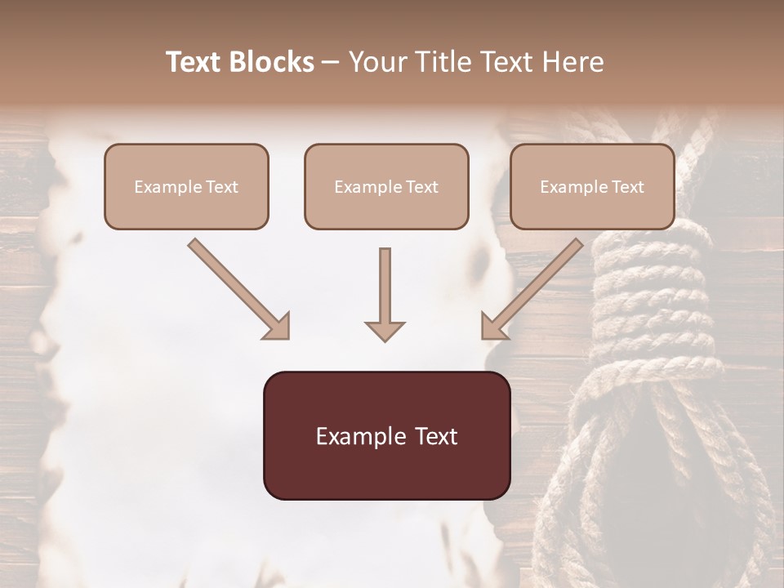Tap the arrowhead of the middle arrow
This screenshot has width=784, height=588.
(x=385, y=330)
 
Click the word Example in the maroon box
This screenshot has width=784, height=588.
(x=356, y=436)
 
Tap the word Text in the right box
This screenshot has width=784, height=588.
(x=627, y=187)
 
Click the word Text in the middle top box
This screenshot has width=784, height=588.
(x=421, y=187)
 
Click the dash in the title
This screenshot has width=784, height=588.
(x=331, y=63)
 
